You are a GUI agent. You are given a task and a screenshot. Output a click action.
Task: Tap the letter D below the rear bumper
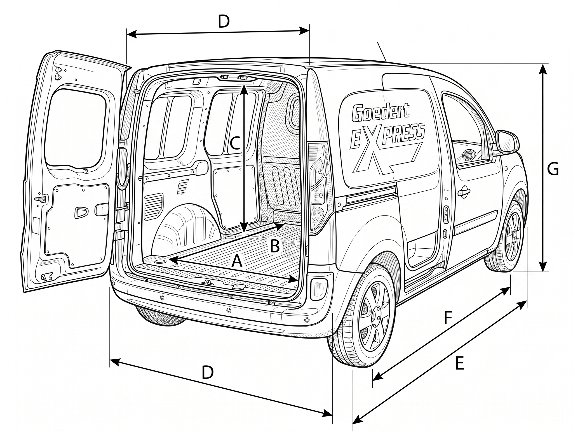pos(208,373)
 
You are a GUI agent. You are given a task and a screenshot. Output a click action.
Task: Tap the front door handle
pos(464,192)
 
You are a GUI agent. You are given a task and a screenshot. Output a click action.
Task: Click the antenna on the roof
pos(382,52)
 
